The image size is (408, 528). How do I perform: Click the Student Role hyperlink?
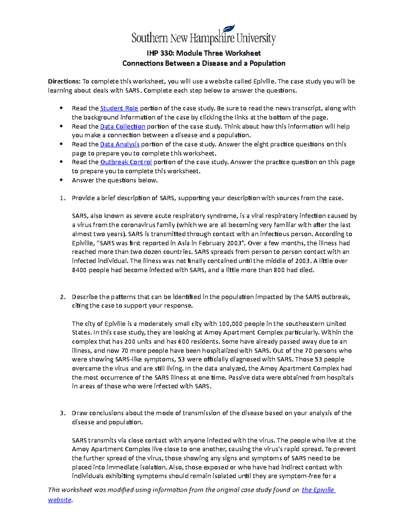point(119,108)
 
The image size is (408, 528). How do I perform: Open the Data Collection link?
point(122,126)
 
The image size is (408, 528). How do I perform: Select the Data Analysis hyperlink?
point(120,144)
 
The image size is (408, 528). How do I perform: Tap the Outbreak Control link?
point(126,162)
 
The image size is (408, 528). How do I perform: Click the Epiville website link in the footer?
point(318,490)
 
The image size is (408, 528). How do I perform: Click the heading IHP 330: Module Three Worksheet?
point(203,53)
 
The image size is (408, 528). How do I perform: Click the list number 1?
point(62,198)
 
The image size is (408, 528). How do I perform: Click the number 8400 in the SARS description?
point(80,270)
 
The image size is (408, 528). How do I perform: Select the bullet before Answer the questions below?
point(62,180)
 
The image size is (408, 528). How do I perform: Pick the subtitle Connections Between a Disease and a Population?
point(203,64)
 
